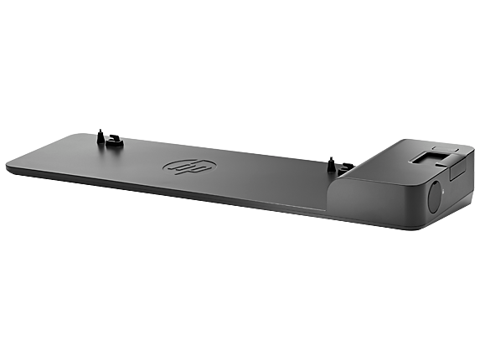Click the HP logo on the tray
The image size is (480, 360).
click(189, 167)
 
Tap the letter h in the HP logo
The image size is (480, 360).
click(181, 166)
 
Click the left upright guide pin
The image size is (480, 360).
click(100, 136)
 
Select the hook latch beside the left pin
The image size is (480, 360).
click(115, 141)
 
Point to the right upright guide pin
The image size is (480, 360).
click(331, 165)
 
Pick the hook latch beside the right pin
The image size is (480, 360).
click(346, 168)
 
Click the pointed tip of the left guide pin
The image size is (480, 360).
click(100, 130)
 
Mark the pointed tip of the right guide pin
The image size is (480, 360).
click(331, 157)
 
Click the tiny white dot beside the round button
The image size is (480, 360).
click(444, 192)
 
